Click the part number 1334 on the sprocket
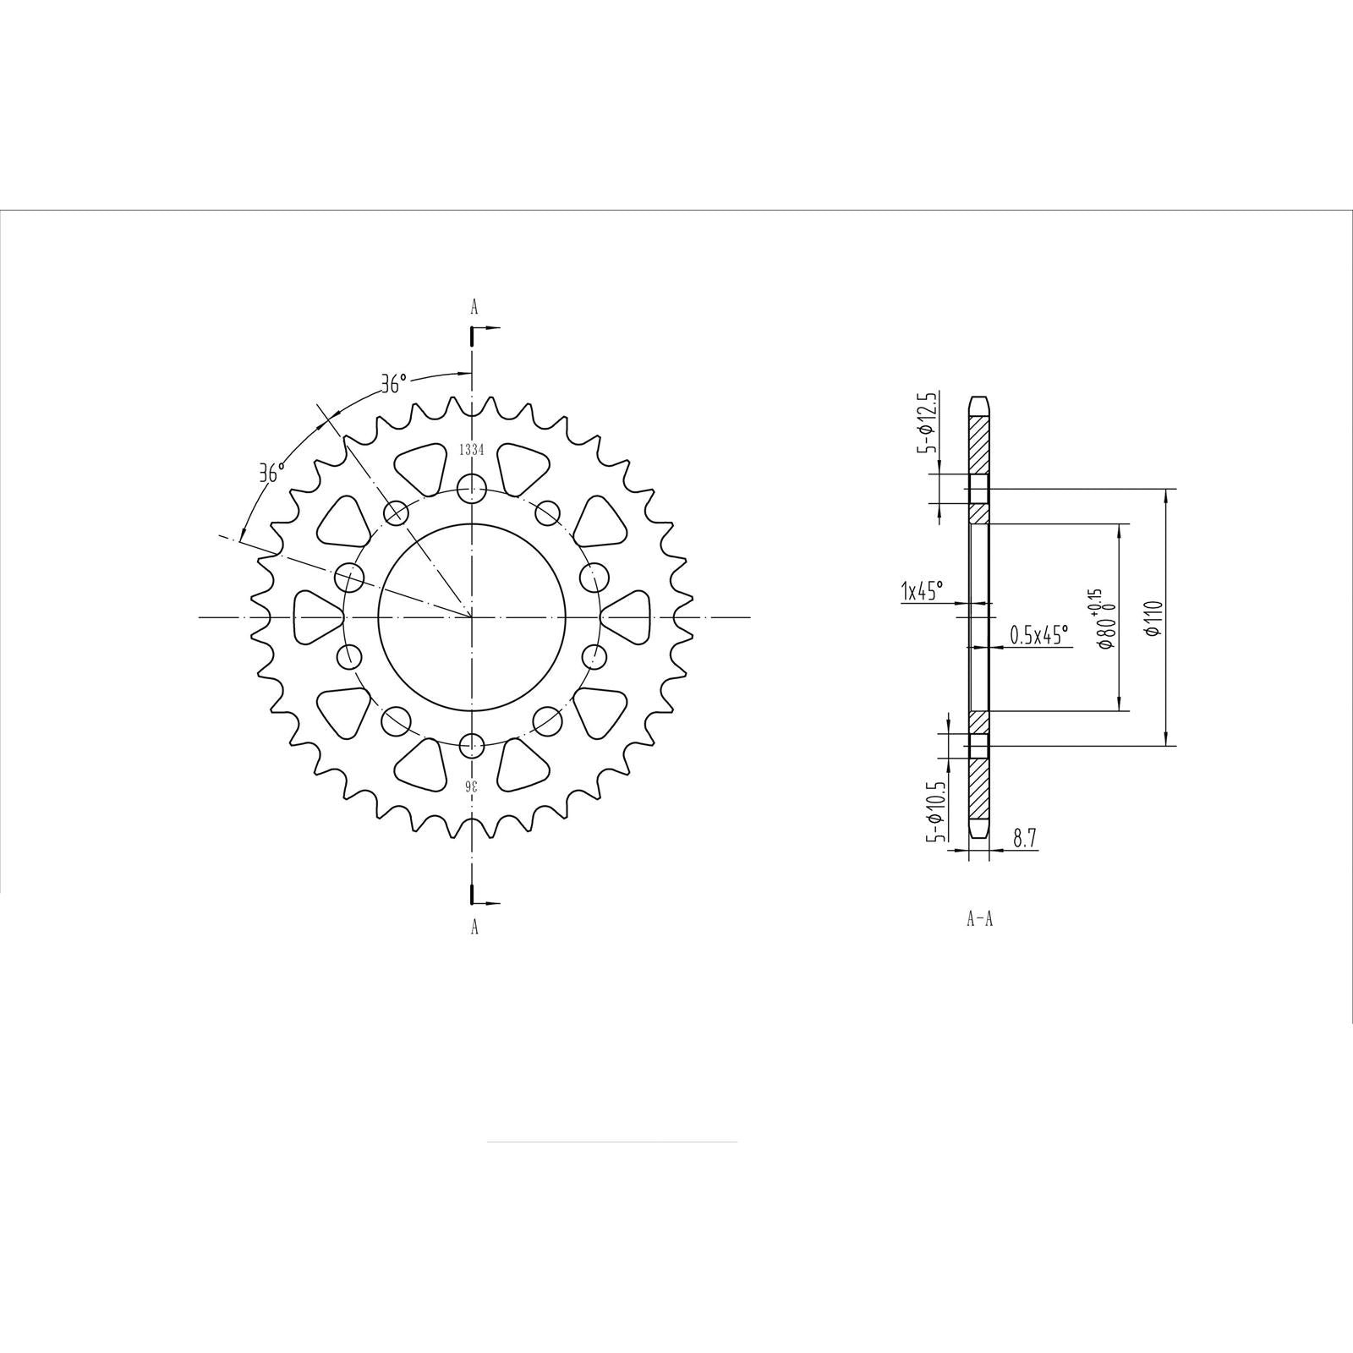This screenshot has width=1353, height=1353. pyautogui.click(x=471, y=451)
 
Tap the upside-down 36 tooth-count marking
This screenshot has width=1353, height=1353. pyautogui.click(x=472, y=786)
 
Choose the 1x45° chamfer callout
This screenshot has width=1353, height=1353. pyautogui.click(x=922, y=590)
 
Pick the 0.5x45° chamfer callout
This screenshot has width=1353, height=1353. pyautogui.click(x=1039, y=634)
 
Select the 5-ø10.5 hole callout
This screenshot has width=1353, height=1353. pyautogui.click(x=933, y=804)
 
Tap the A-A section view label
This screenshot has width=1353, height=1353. pyautogui.click(x=979, y=919)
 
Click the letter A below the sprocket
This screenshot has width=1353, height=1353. pyautogui.click(x=474, y=928)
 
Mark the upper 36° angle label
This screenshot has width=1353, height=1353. pyautogui.click(x=393, y=385)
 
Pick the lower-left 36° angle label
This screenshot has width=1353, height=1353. pyautogui.click(x=271, y=473)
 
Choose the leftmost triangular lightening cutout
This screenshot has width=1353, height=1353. pyautogui.click(x=316, y=616)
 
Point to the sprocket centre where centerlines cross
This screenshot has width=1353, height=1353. pyautogui.click(x=471, y=617)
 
